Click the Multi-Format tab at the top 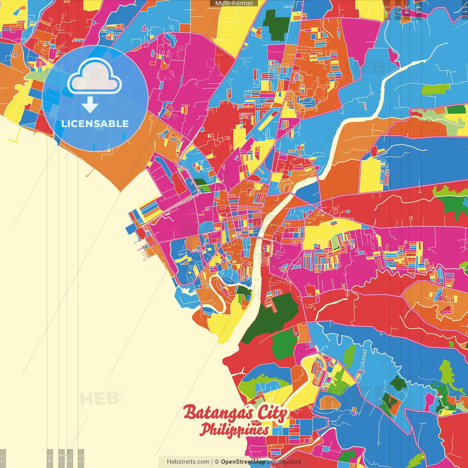234,3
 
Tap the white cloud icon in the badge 95,77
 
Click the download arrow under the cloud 90,105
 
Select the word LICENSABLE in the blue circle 95,124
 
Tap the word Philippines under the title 234,430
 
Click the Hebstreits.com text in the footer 188,462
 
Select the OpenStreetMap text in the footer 243,462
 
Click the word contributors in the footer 284,462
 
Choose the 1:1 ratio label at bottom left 3,458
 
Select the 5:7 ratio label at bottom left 70,458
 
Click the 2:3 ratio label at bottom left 81,458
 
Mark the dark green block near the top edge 276,24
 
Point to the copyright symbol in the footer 217,462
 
